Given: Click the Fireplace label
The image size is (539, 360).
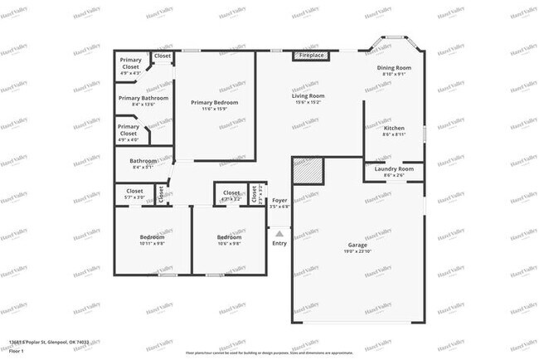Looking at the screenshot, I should (312, 56).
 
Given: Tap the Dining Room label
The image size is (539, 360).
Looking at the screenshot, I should (394, 67).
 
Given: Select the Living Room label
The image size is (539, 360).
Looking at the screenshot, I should (308, 95).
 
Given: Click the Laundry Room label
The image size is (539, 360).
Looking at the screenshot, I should (394, 169).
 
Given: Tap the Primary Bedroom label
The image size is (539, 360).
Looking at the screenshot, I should (215, 102).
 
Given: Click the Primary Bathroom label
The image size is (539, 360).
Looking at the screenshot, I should (143, 98).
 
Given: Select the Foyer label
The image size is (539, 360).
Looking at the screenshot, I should (279, 200).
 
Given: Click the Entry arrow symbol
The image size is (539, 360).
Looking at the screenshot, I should (279, 235).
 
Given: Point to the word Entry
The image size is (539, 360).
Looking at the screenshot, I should (279, 243).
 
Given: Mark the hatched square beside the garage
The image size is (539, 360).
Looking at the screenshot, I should (307, 170).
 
